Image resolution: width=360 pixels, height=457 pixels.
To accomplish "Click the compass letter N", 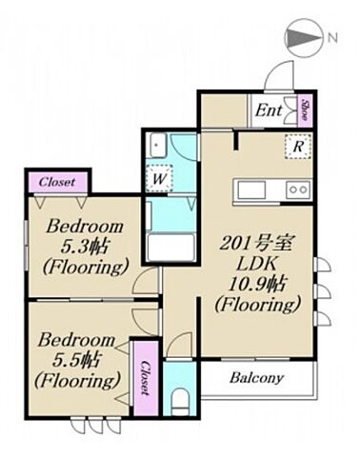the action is (x=332, y=38).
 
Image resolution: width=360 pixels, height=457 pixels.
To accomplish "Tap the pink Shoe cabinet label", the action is (x=306, y=109).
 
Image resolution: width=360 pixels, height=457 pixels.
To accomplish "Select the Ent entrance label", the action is (x=269, y=110).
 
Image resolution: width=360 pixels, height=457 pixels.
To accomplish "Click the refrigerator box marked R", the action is (x=298, y=147).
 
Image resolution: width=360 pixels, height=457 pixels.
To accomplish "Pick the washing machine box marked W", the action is (x=159, y=178).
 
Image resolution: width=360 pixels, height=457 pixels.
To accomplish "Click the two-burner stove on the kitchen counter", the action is (x=298, y=189).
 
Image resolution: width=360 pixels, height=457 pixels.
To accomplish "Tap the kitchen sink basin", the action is (x=251, y=189).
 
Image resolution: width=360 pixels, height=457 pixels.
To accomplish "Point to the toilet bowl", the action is (x=180, y=401).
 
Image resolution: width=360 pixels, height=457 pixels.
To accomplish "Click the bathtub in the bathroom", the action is (x=171, y=248).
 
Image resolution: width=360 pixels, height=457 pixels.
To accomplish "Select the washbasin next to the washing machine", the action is (x=158, y=145).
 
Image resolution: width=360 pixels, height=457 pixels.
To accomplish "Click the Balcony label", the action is (x=256, y=378).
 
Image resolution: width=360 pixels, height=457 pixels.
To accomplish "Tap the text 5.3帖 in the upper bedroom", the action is (x=85, y=247).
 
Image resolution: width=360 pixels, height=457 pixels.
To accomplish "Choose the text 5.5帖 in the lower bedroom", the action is (x=77, y=360).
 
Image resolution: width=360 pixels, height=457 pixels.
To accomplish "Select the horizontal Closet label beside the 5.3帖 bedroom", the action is (x=57, y=182).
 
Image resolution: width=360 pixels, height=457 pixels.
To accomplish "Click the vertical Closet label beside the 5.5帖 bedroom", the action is (x=146, y=378).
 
